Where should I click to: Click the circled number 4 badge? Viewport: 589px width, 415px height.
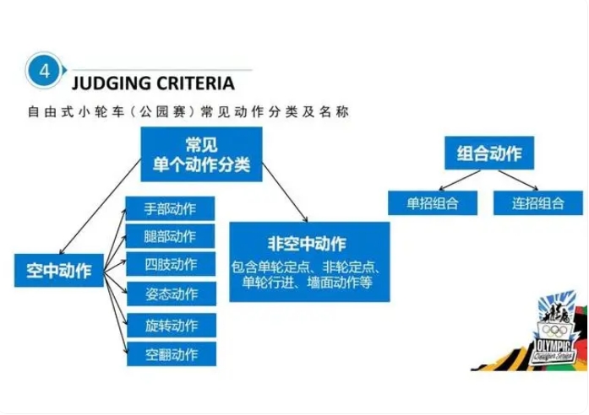44,71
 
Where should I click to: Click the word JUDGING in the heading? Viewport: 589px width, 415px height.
111,84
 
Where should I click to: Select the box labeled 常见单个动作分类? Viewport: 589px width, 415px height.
201,154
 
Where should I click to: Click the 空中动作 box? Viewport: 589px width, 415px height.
59,270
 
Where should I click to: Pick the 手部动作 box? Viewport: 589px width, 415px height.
170,208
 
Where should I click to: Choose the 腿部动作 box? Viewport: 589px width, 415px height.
170,236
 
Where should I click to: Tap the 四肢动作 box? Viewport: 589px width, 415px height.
171,264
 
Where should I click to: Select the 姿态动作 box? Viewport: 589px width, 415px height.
172,294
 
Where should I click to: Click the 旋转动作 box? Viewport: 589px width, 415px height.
172,325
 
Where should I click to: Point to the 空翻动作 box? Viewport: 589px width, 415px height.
172,354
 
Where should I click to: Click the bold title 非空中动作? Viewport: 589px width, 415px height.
307,245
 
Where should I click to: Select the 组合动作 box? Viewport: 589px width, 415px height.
489,153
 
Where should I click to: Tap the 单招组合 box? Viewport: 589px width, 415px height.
433,203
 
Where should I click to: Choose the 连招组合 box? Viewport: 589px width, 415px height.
538,203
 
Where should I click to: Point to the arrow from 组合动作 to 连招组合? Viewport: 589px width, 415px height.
518,181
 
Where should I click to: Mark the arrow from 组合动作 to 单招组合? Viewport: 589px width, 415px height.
460,181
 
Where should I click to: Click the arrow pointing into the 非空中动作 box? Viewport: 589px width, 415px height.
285,192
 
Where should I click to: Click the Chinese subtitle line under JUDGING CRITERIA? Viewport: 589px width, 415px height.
188,112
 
